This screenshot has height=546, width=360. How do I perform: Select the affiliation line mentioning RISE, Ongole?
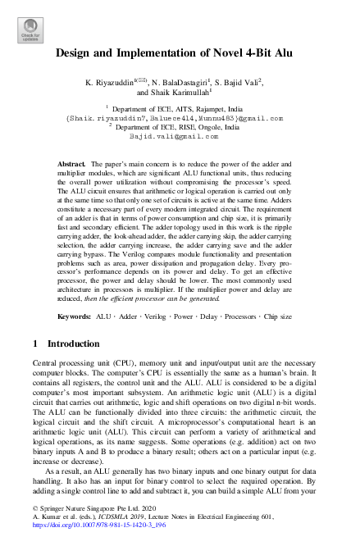pos(180,127)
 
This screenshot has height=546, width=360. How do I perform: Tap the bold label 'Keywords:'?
pos(76,315)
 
